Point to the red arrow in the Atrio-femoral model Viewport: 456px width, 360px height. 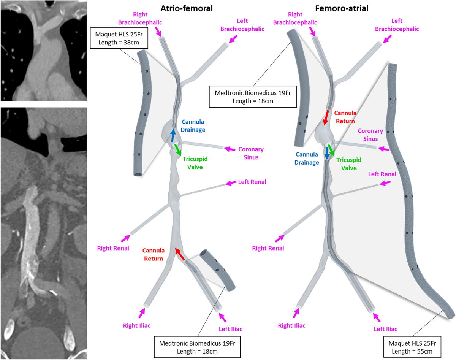180,254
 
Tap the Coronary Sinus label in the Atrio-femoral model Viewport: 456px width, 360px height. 251,152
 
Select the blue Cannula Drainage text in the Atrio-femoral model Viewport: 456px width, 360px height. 193,126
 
